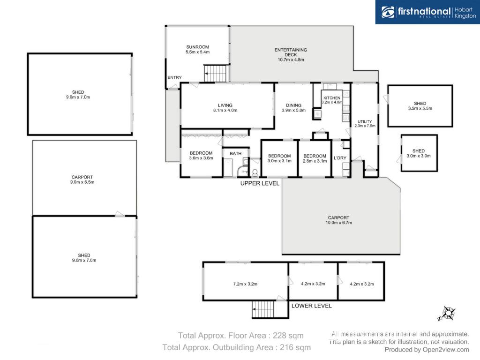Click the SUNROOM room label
(197, 47)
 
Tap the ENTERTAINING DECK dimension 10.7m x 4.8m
(291, 60)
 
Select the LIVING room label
(225, 105)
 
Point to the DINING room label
(293, 105)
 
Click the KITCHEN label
(332, 98)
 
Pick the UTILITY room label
(365, 121)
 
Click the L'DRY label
(340, 158)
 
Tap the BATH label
(235, 154)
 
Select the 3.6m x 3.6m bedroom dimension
(201, 158)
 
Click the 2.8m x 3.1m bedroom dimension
(315, 161)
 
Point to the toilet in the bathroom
(255, 173)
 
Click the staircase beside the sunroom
(217, 74)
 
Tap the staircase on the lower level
(263, 309)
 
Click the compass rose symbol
(448, 314)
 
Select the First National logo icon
(388, 12)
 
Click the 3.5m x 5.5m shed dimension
(420, 108)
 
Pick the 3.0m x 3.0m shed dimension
(419, 156)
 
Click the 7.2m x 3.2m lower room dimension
(245, 284)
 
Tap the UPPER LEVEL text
(260, 183)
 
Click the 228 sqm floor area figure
(288, 336)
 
